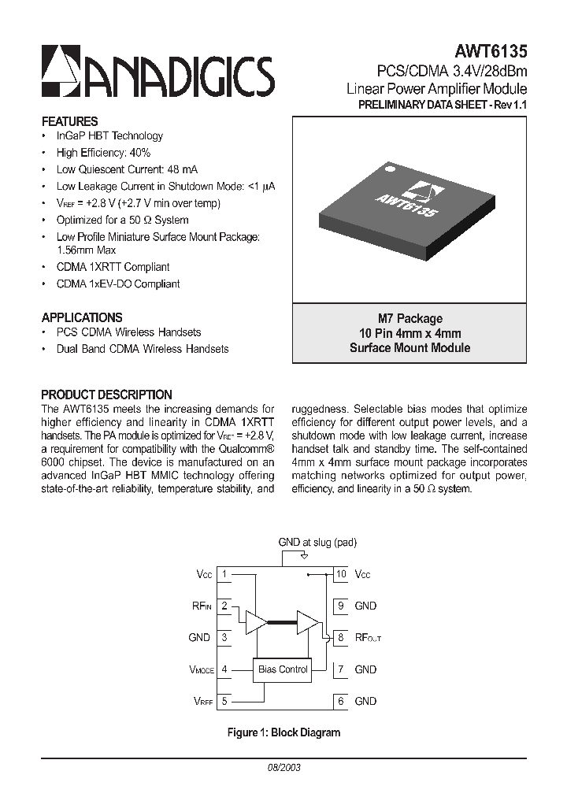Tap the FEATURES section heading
click(x=69, y=121)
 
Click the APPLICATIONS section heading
click(x=82, y=317)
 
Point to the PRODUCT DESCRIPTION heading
click(x=106, y=395)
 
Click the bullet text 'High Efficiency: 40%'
click(x=103, y=153)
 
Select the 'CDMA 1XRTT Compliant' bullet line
click(x=113, y=267)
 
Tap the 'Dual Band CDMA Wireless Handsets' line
click(x=143, y=348)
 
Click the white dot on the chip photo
click(x=387, y=168)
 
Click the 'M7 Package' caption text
click(x=409, y=318)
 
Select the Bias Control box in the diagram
click(x=283, y=669)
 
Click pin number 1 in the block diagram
click(x=224, y=574)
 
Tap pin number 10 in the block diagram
click(x=341, y=574)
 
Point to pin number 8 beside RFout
click(x=341, y=637)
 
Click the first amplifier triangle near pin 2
click(x=255, y=622)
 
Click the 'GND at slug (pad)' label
click(x=317, y=543)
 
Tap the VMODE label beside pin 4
click(x=201, y=669)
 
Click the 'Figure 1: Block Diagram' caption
click(x=283, y=732)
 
